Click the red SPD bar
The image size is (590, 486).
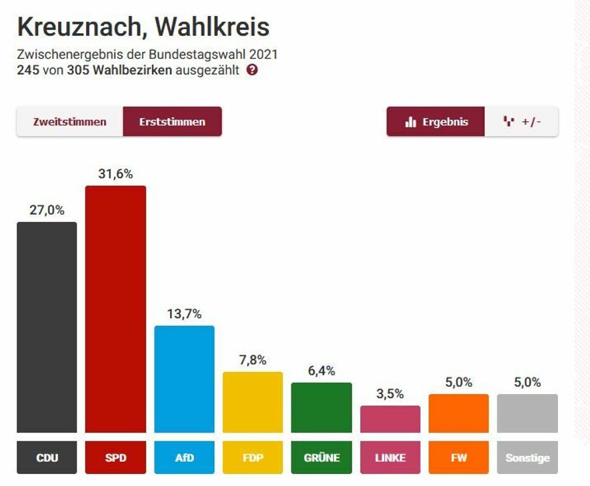click(115, 309)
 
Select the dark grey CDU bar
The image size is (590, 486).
click(47, 327)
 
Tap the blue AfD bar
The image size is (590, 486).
click(184, 379)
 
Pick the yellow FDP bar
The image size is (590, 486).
click(253, 402)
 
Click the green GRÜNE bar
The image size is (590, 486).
click(321, 407)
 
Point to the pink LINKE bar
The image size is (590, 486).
click(390, 419)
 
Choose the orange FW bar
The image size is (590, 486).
click(459, 413)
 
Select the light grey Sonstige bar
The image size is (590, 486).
click(527, 413)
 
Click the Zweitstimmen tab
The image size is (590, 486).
click(70, 122)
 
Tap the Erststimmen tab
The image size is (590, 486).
click(172, 122)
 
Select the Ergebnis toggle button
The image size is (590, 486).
click(436, 122)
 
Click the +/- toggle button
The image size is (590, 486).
click(521, 122)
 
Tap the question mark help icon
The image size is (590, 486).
click(251, 70)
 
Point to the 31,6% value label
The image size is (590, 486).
click(115, 174)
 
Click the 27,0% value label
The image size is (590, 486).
click(47, 210)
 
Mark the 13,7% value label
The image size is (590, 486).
click(184, 314)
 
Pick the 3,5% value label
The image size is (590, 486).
click(390, 394)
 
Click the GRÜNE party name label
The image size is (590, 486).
click(321, 458)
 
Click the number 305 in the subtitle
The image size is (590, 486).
click(77, 70)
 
